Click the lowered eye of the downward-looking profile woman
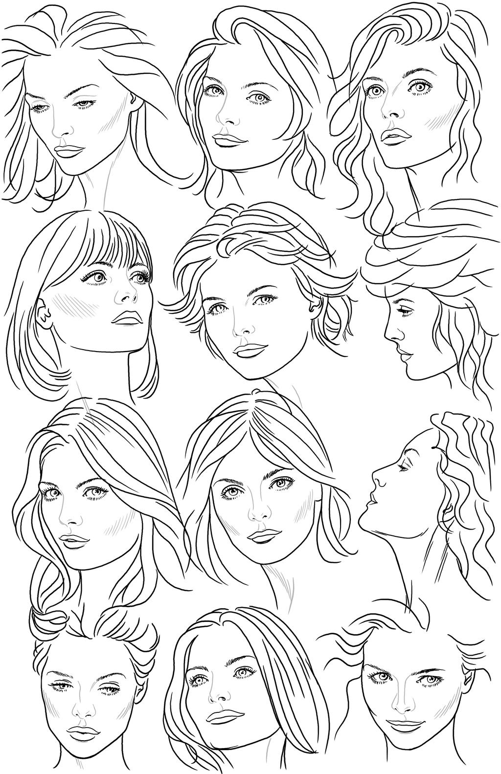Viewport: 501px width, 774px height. pyautogui.click(x=403, y=311)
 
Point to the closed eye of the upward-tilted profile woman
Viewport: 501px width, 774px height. pyautogui.click(x=404, y=467)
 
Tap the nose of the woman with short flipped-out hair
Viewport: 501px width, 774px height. pyautogui.click(x=239, y=332)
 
